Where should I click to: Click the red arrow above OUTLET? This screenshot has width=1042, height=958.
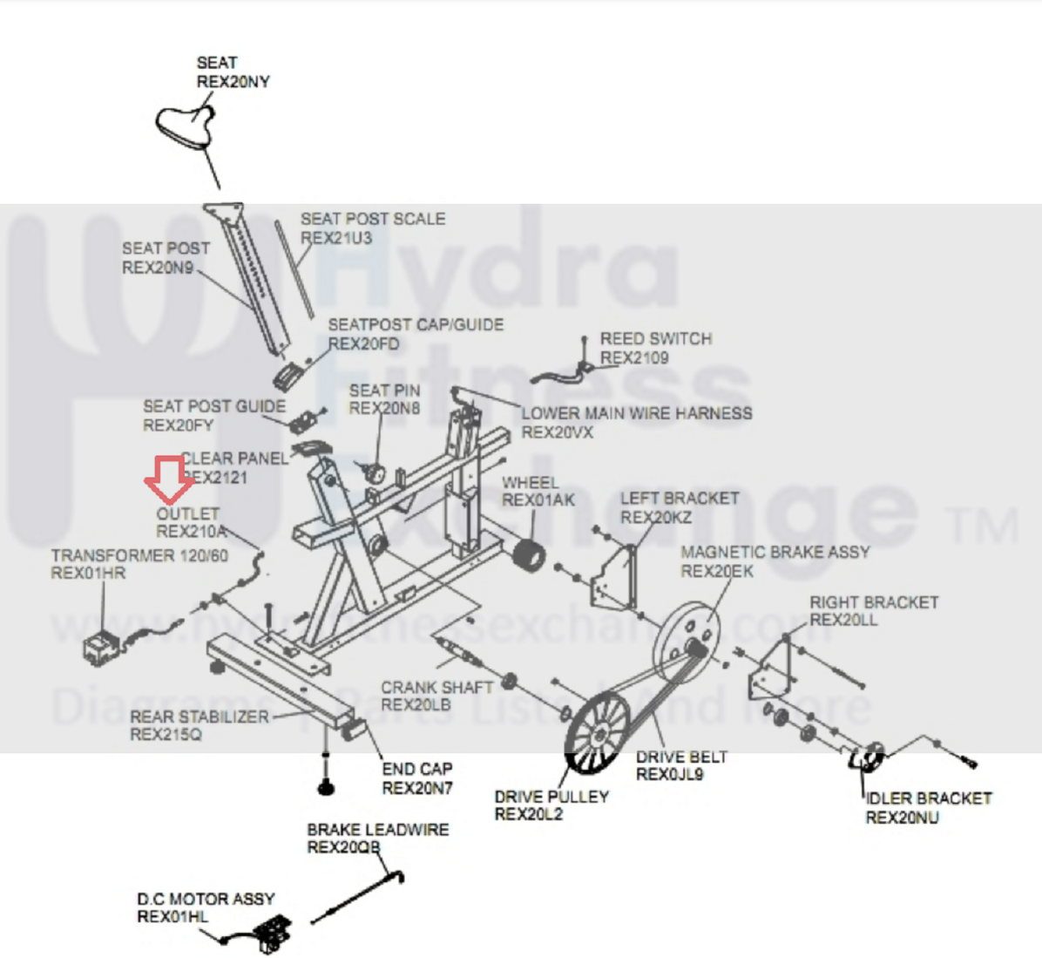[x=169, y=480]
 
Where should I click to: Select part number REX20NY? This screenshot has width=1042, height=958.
[x=233, y=82]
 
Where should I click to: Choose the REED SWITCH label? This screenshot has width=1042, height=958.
[x=655, y=338]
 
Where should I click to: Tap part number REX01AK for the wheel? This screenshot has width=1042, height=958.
[x=538, y=500]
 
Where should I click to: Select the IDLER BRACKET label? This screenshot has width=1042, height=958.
[x=928, y=798]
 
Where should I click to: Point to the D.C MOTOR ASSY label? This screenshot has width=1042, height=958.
[x=206, y=899]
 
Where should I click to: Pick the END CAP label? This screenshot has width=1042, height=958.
[x=417, y=769]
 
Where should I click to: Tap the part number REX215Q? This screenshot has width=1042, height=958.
[x=166, y=735]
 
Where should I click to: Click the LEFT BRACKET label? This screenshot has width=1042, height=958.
[x=679, y=499]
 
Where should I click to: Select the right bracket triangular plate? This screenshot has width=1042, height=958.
[x=773, y=667]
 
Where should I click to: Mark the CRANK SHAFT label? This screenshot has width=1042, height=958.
[x=436, y=687]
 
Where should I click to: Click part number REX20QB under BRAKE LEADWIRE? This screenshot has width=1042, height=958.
[x=343, y=847]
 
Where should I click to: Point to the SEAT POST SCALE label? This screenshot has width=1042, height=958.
[x=372, y=219]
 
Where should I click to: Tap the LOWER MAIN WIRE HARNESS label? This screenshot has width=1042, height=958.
[x=636, y=413]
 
